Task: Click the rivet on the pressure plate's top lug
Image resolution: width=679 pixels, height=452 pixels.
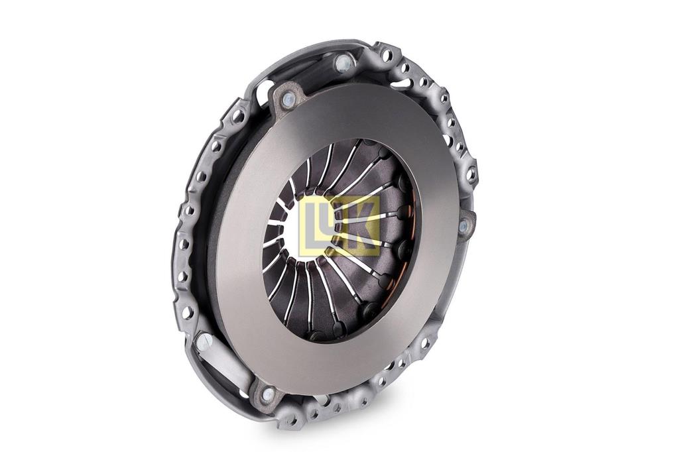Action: tap(287, 99)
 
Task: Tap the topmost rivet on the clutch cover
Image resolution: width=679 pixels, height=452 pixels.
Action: tap(342, 64)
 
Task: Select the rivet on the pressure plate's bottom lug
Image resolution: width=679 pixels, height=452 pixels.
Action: tap(269, 394)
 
